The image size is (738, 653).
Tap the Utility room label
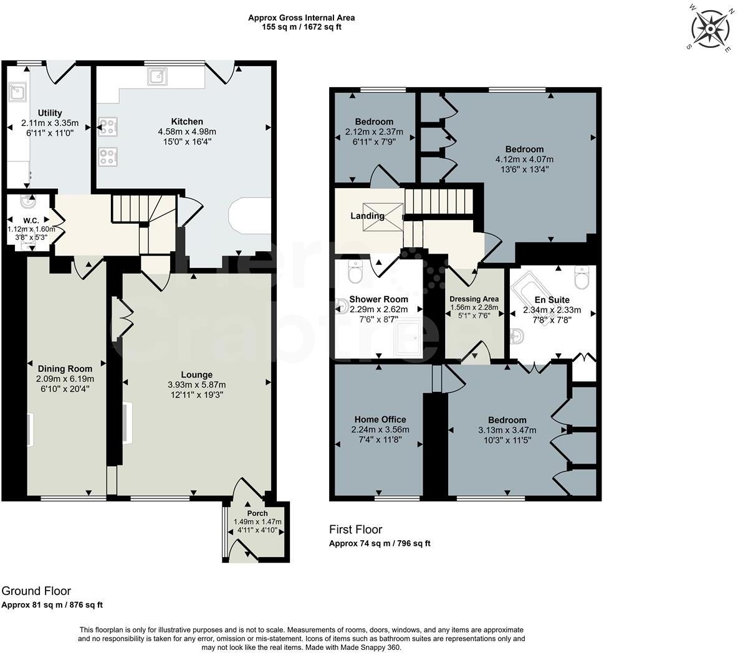[50, 113]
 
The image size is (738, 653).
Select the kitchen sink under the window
[156, 76]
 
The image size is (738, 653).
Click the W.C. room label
[31, 220]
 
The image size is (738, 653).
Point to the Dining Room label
[65, 368]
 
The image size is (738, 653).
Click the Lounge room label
[197, 374]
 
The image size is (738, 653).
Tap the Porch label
[257, 513]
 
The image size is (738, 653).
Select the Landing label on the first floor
[367, 216]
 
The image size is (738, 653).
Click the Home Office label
[380, 419]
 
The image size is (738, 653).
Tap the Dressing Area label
[474, 298]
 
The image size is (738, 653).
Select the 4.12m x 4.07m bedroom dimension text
[524, 159]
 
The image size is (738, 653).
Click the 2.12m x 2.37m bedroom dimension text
[374, 131]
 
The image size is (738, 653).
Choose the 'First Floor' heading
[355, 530]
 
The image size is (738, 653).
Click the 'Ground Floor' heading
[36, 591]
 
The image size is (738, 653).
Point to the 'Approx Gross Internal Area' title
[302, 18]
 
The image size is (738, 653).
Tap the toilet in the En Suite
[581, 278]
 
